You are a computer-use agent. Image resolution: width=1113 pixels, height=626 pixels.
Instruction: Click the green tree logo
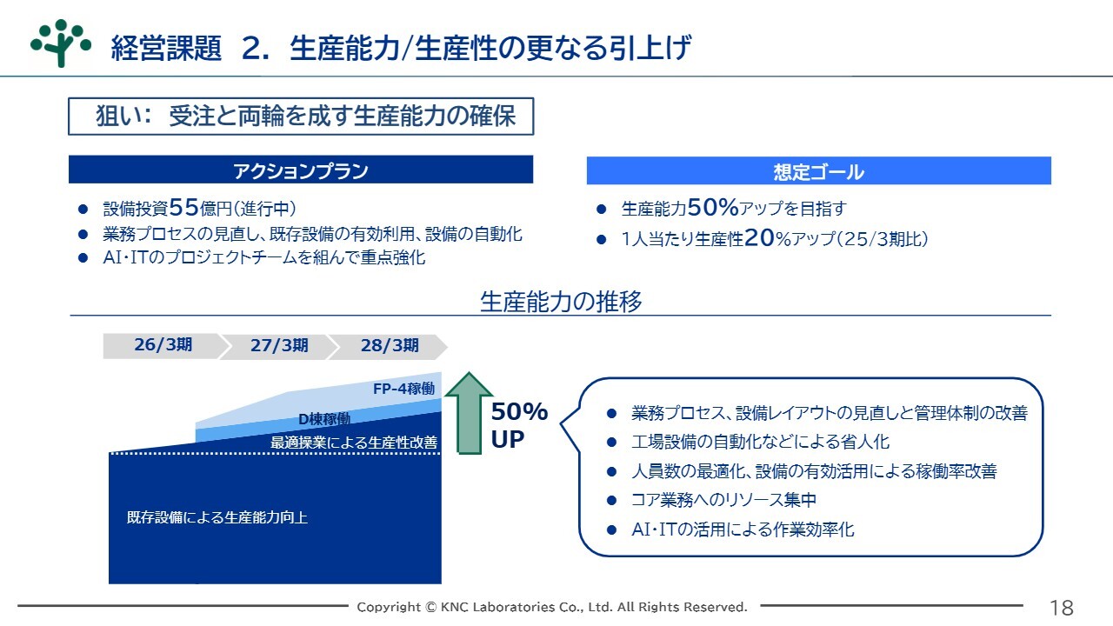click(x=61, y=43)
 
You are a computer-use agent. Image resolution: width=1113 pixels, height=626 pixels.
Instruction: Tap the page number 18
click(x=1062, y=608)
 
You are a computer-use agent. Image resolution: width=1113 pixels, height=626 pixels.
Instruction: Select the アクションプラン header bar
click(x=301, y=170)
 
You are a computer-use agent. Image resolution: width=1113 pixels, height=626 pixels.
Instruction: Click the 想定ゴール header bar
click(x=819, y=171)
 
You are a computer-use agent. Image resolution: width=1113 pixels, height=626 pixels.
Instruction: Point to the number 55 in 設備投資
click(x=183, y=207)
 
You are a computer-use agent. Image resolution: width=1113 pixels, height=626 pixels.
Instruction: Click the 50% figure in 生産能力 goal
click(x=713, y=207)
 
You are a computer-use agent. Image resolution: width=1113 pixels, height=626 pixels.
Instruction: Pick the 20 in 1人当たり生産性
click(x=760, y=238)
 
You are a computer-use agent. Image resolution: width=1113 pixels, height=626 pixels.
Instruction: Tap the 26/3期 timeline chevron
click(x=163, y=346)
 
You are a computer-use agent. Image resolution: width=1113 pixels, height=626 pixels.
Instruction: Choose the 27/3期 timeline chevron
click(x=279, y=346)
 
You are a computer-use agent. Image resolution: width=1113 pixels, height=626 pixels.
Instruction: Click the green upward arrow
click(x=469, y=412)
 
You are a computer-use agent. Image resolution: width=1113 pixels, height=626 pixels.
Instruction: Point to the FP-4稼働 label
click(x=403, y=389)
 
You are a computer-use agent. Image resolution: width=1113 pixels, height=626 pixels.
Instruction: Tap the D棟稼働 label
click(x=324, y=419)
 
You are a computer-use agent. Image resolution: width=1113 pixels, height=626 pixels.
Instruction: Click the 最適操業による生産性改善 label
click(x=354, y=443)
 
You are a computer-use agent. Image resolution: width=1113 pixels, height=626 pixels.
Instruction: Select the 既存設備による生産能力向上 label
click(x=217, y=517)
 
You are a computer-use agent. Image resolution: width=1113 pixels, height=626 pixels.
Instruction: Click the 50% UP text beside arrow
click(x=519, y=425)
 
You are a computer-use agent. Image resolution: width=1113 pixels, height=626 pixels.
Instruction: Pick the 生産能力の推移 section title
click(x=561, y=301)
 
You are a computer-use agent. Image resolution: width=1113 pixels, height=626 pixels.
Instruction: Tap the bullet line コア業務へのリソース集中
click(x=723, y=500)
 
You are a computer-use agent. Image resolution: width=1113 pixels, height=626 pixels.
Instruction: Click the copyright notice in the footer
click(x=552, y=607)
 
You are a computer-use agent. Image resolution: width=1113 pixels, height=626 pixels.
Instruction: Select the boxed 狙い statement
click(x=301, y=117)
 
